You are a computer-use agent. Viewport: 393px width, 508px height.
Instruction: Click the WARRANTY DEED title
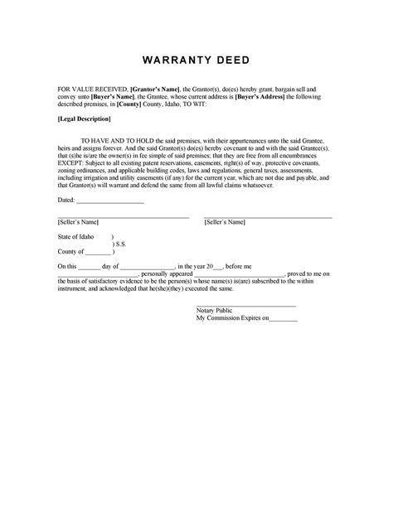coord(196,62)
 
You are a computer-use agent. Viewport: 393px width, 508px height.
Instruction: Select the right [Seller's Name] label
coord(224,222)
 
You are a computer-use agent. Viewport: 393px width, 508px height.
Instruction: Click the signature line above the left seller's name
coord(123,216)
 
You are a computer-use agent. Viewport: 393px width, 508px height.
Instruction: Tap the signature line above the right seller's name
coord(268,216)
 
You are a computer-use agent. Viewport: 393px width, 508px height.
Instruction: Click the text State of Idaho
coord(75,236)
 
